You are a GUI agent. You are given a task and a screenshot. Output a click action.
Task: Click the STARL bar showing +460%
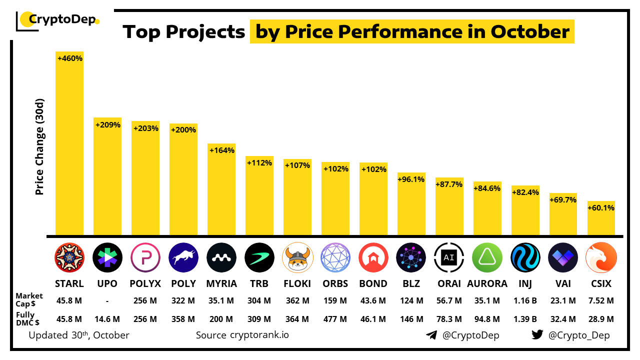tap(69, 145)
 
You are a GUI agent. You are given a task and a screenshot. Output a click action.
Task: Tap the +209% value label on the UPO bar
tap(107, 125)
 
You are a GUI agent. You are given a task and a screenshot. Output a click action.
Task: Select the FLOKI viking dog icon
tap(297, 257)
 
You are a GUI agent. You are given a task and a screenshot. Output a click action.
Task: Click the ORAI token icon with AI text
tap(449, 257)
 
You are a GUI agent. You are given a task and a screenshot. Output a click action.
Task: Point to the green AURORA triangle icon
tap(487, 257)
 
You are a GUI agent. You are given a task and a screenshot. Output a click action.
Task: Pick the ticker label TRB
tap(259, 283)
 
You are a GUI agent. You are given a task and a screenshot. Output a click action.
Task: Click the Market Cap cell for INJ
tap(525, 300)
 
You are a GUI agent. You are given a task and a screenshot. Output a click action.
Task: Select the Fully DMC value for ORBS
tap(335, 318)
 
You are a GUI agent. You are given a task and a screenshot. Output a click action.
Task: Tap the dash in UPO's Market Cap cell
tap(107, 300)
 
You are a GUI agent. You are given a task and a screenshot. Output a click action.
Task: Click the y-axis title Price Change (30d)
tap(40, 146)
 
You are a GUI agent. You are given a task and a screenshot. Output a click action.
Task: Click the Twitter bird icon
tap(537, 335)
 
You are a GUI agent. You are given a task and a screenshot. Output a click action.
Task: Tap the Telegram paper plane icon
tap(431, 335)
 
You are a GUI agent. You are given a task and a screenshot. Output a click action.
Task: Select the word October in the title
tap(530, 32)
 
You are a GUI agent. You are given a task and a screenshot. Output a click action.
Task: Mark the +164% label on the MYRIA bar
tap(221, 150)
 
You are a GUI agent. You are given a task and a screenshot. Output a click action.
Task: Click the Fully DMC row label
tap(28, 318)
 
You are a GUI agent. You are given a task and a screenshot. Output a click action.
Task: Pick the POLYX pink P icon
tap(145, 257)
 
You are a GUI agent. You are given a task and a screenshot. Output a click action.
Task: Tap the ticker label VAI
tap(563, 283)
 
